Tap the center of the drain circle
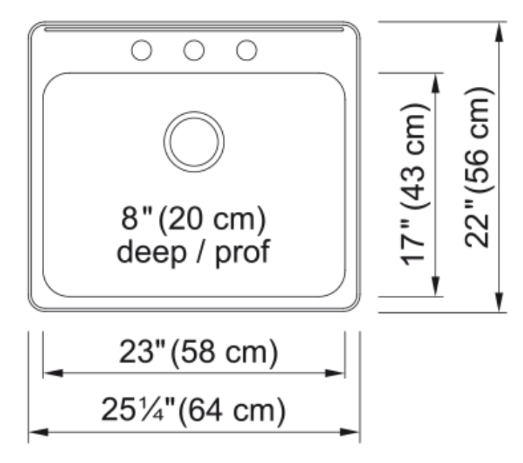tap(194, 141)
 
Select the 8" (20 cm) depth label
tap(193, 219)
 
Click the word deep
tap(151, 252)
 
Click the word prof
tap(243, 252)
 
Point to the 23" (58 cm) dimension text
tap(199, 352)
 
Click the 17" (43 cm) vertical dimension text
tap(413, 185)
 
